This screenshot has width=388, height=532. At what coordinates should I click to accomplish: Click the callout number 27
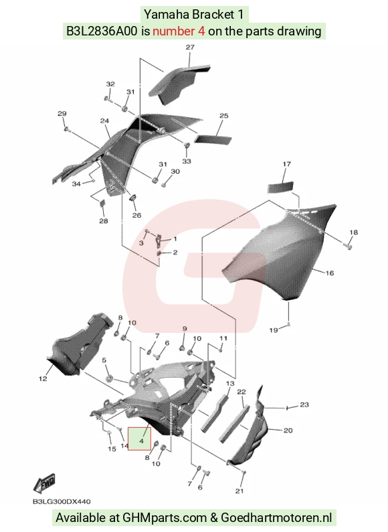click(x=190, y=47)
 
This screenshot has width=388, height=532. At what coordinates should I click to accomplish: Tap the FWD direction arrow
click(x=44, y=484)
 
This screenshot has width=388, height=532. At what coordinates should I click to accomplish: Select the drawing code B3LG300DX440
click(x=62, y=501)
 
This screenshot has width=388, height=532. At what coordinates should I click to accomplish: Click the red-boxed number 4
click(x=141, y=441)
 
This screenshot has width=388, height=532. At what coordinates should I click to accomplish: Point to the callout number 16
click(x=330, y=273)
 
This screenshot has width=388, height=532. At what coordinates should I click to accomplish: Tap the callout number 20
click(x=288, y=430)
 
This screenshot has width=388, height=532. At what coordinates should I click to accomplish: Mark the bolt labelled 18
click(x=349, y=245)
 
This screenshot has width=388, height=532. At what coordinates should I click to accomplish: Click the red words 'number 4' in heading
click(x=179, y=31)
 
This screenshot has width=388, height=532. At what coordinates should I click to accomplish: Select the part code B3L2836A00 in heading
click(x=102, y=31)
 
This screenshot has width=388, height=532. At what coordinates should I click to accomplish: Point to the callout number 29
click(x=62, y=114)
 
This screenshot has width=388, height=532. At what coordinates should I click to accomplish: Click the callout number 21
click(x=239, y=491)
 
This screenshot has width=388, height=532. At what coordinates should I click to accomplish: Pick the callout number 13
click(x=230, y=384)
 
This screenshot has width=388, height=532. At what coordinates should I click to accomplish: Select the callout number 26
click(x=136, y=215)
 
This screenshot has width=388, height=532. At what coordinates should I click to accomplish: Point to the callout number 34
click(x=76, y=184)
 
